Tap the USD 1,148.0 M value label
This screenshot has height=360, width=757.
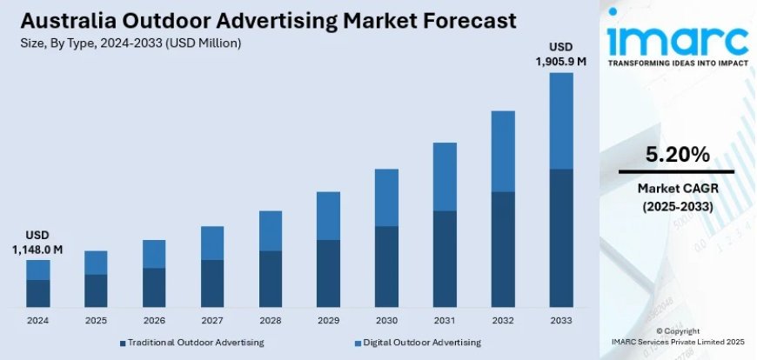click(37, 243)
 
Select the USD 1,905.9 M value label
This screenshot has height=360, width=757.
click(561, 54)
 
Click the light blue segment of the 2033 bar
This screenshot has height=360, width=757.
click(561, 120)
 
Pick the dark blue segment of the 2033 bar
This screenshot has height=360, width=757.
click(561, 237)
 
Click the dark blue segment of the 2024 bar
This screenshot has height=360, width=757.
click(37, 293)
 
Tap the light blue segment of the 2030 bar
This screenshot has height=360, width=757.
click(386, 197)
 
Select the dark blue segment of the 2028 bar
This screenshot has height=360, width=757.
click(270, 278)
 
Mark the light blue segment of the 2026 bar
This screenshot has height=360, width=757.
click(154, 254)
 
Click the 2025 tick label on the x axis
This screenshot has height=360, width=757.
click(96, 321)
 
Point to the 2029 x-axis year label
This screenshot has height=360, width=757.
click(328, 321)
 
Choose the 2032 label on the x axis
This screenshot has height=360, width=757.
click(503, 321)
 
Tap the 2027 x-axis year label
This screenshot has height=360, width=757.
click(211, 321)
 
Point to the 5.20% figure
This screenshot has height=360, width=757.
click(677, 155)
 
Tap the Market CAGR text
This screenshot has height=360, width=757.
click(677, 188)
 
